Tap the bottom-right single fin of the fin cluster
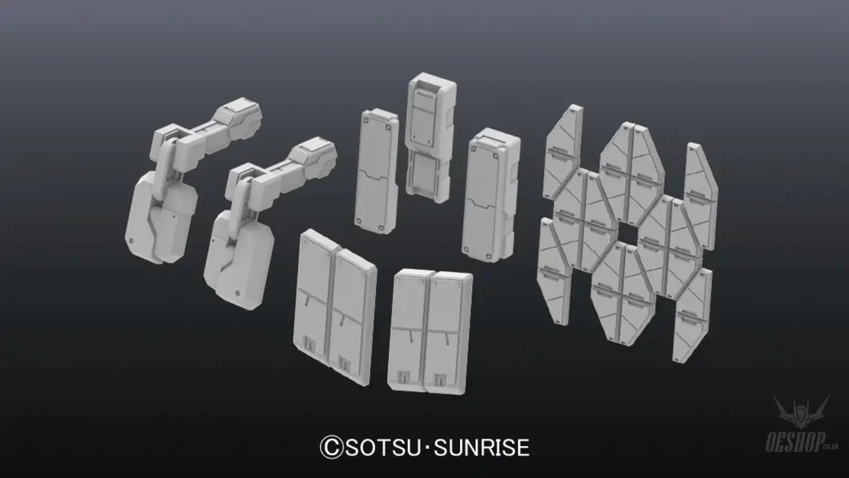click(x=692, y=314)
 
